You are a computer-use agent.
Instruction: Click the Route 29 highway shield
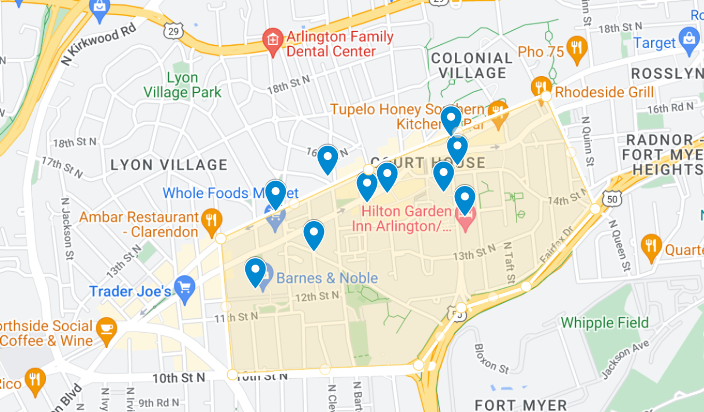pos(173,31)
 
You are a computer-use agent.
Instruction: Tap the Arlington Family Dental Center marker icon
pos(272,40)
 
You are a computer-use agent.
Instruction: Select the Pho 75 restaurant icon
pos(576,47)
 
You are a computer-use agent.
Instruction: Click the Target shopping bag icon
pos(689,39)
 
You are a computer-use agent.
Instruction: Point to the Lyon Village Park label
pos(182,85)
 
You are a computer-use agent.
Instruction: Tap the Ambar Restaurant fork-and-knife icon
pos(212,220)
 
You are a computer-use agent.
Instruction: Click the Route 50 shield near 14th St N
pos(612,199)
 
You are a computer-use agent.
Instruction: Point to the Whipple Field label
pos(605,323)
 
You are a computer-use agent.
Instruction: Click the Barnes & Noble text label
pos(327,278)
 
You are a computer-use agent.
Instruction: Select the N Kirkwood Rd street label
pos(98,44)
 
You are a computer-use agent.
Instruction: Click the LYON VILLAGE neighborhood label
pos(169,165)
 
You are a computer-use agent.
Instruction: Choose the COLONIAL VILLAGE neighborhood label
pos(472,66)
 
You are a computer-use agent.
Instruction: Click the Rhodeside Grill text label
pos(604,92)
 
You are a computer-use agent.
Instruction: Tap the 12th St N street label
pos(317,296)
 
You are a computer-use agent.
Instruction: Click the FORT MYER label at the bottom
pos(521,405)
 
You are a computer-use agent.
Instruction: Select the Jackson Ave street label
pos(625,359)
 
